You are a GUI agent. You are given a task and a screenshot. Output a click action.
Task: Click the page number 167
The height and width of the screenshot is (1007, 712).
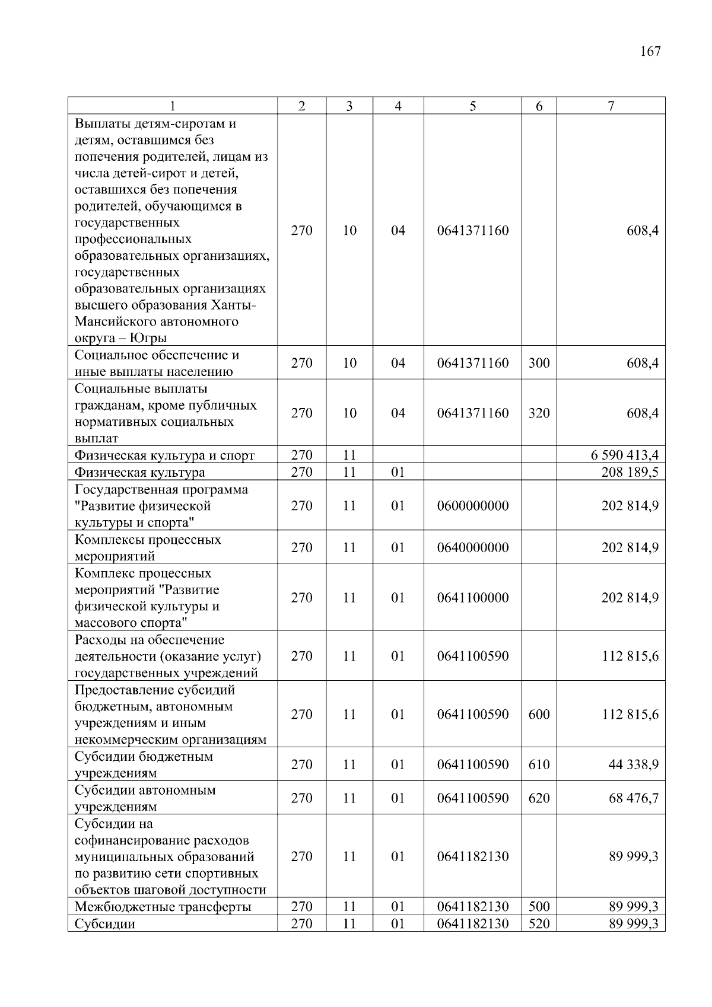click(650, 51)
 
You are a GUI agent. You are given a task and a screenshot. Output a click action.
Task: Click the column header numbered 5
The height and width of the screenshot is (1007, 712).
click(472, 106)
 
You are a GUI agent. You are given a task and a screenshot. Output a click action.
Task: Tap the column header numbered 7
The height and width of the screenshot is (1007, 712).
click(611, 106)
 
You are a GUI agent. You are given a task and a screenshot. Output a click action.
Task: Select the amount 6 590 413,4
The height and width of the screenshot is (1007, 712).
click(624, 455)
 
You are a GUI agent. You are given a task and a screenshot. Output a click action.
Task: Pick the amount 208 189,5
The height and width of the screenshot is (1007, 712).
click(630, 473)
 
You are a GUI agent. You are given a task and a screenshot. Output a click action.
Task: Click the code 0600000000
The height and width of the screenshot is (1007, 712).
click(472, 506)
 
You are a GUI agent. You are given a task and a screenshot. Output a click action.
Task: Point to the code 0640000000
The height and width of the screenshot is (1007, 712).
click(472, 547)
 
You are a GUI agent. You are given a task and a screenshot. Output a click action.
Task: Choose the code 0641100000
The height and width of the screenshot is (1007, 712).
click(472, 598)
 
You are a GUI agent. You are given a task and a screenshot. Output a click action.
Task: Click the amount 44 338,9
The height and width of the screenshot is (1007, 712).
click(633, 764)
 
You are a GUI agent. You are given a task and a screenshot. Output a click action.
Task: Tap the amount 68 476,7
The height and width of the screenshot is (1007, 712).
click(633, 798)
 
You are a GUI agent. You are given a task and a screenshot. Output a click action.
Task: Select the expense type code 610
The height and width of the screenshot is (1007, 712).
click(539, 764)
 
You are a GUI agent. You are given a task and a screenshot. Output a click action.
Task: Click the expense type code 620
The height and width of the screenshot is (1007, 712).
click(539, 798)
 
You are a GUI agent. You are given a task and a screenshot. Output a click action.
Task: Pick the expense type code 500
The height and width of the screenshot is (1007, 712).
click(539, 907)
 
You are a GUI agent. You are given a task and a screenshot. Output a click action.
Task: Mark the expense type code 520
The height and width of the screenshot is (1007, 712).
click(539, 924)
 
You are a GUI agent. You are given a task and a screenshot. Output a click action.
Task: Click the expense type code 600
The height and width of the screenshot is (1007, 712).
click(539, 715)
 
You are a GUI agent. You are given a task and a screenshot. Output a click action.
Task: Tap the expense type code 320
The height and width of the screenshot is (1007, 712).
click(539, 413)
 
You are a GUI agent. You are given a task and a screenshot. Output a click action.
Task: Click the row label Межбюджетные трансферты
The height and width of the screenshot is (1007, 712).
click(163, 907)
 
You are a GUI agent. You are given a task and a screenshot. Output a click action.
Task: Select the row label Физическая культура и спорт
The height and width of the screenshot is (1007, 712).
click(164, 455)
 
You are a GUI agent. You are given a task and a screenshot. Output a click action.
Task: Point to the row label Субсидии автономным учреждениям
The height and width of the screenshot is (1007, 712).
click(145, 798)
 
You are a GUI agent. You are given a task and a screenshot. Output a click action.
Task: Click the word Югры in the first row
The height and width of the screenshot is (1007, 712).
click(148, 339)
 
